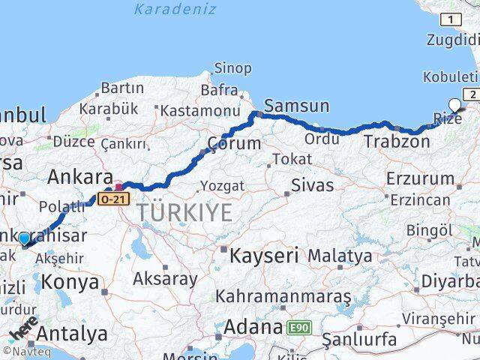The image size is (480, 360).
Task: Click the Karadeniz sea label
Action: pos(175,10)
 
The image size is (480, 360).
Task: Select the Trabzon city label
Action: pos(397,140)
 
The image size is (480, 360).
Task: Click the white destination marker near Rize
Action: pos(455,106)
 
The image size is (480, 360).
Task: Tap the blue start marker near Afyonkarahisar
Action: pos(25,238)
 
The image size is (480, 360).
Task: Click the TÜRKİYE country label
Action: pos(184,213)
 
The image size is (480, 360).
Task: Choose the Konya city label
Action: pos(70,283)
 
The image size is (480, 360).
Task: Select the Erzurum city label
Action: pos(420,179)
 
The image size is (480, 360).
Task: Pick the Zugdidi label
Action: pos(451,40)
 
